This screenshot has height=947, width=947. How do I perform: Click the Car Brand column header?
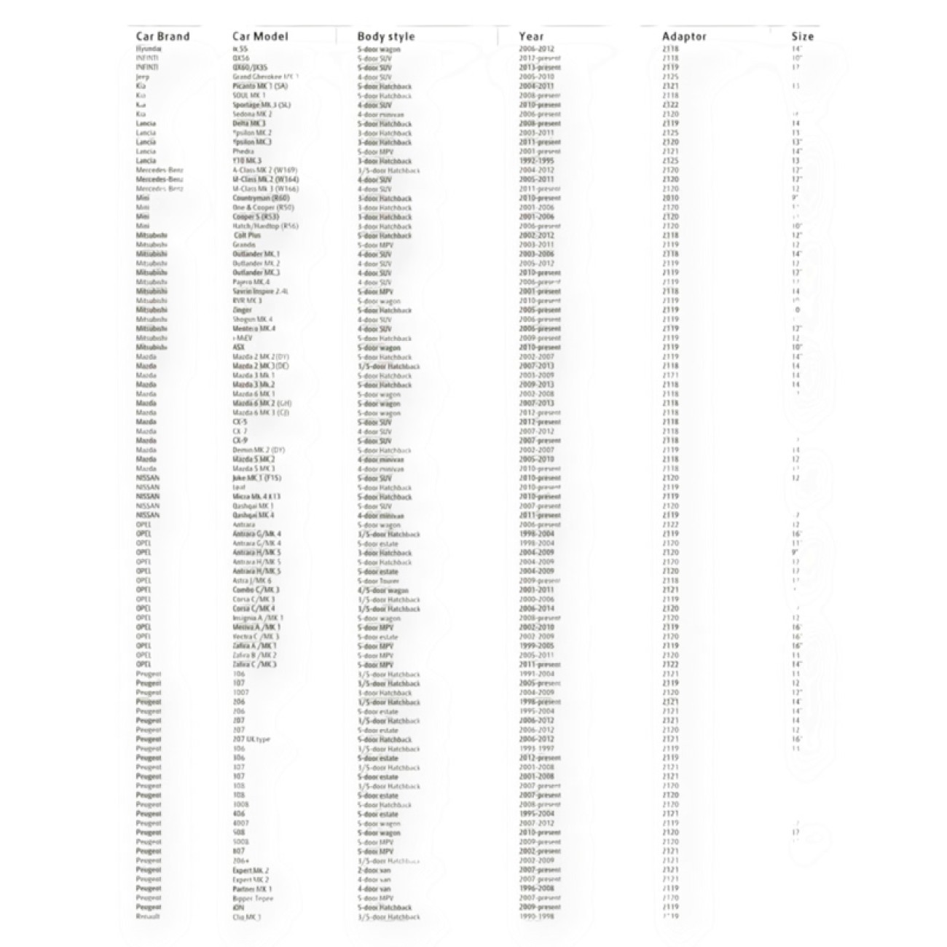(162, 36)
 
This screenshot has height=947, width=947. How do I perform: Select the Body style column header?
(386, 36)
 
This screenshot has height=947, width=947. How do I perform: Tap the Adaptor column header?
(684, 36)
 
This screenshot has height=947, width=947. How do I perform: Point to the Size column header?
(802, 36)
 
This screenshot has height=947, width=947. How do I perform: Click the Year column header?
(531, 36)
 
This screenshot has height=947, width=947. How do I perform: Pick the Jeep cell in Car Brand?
(143, 76)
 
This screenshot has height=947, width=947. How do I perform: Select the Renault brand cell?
(148, 916)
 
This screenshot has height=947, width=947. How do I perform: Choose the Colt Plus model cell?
(248, 235)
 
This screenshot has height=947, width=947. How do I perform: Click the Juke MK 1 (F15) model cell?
(256, 478)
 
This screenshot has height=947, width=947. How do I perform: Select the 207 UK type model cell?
(251, 739)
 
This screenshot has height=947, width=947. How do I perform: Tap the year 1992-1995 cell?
(536, 160)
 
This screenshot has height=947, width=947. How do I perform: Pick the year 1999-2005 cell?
(536, 645)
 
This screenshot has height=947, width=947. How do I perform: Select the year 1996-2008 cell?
(536, 889)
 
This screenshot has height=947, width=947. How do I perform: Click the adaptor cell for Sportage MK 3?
(671, 105)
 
